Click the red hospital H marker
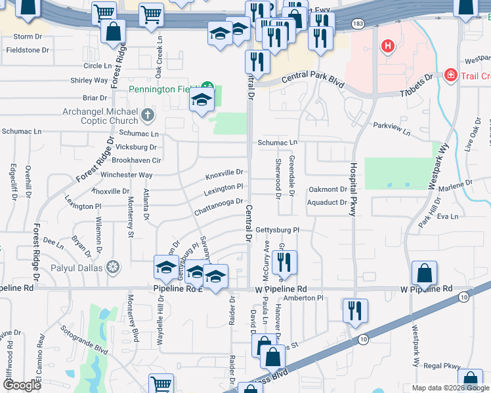(x=388, y=47)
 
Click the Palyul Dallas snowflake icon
(x=114, y=267)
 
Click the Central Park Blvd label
(x=313, y=78)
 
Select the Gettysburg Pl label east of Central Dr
(x=276, y=231)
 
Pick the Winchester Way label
(x=126, y=176)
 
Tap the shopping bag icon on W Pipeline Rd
(x=425, y=274)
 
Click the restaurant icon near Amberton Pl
(x=354, y=310)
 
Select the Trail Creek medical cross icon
(x=451, y=76)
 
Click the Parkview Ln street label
(x=392, y=129)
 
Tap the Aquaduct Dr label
(x=326, y=203)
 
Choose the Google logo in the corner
(x=21, y=384)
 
